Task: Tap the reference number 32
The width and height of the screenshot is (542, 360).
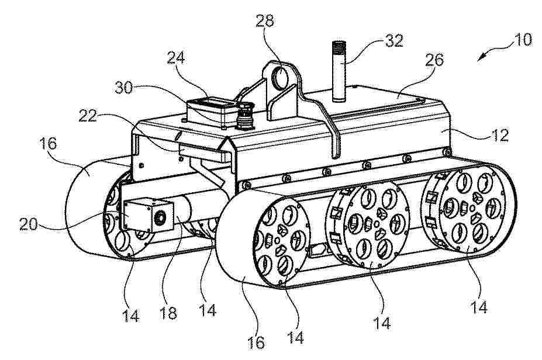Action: (x=394, y=41)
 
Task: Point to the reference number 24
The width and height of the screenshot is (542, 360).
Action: (x=176, y=58)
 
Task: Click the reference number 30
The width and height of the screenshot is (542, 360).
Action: (x=124, y=87)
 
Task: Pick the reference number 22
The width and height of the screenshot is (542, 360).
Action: (x=88, y=116)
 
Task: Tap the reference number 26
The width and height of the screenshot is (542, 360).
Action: (x=434, y=60)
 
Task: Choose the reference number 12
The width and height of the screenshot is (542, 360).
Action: (x=500, y=135)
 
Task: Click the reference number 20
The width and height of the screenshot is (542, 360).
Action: (x=29, y=224)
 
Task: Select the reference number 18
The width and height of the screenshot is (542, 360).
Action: (x=168, y=313)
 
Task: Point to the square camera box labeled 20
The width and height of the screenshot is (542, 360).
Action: (x=149, y=215)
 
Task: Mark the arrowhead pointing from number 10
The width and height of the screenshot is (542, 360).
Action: (x=482, y=57)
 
